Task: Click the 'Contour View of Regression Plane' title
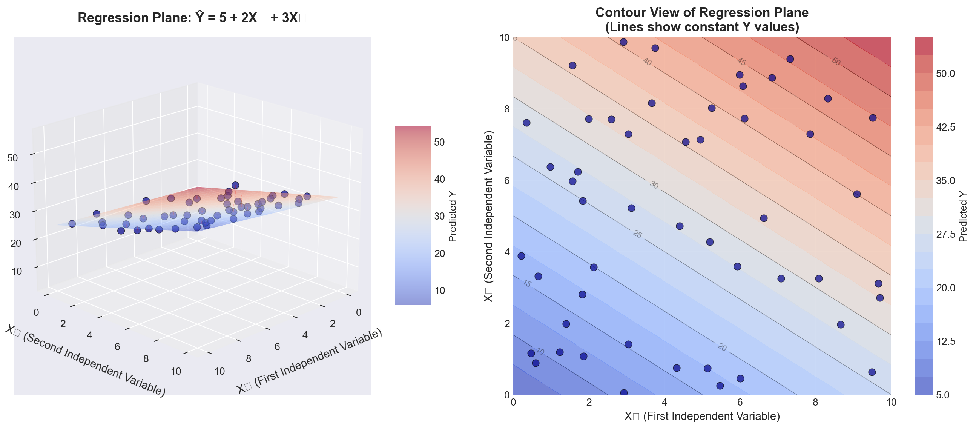702,13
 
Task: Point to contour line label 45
741,62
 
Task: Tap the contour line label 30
654,185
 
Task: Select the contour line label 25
637,234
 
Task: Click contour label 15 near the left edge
527,283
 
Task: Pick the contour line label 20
722,347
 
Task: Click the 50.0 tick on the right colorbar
945,74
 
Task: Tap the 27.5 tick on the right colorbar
945,234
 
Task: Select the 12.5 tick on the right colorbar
945,341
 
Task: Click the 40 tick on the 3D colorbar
439,179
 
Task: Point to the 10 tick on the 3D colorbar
439,290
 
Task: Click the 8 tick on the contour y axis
506,109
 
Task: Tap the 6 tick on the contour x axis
740,403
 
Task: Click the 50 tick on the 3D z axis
12,158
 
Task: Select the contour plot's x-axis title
702,416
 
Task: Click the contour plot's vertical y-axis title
488,216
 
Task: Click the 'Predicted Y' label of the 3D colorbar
453,216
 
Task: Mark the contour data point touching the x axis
624,393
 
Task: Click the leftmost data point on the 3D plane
72,224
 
